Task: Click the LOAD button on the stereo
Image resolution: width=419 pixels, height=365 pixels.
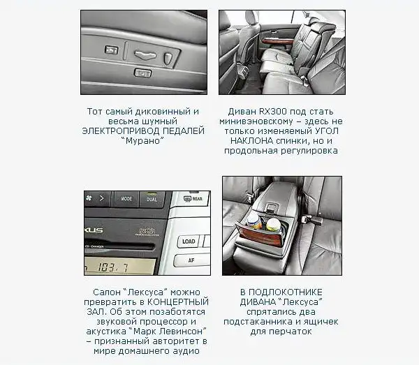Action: click(189, 241)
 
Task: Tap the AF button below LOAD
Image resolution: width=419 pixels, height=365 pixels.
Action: click(191, 260)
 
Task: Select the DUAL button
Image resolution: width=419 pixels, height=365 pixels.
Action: click(152, 199)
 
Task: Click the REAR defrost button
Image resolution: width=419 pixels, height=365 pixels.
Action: click(193, 199)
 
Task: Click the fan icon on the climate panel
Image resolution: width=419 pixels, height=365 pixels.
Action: click(89, 198)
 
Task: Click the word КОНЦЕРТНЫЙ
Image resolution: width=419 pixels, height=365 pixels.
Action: click(178, 302)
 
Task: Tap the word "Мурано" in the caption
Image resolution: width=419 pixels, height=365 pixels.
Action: click(142, 141)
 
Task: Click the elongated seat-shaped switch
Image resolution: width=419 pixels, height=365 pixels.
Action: click(146, 55)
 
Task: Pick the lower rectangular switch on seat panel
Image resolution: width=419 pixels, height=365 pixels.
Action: click(142, 73)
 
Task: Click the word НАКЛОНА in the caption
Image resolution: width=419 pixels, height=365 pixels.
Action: click(251, 141)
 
